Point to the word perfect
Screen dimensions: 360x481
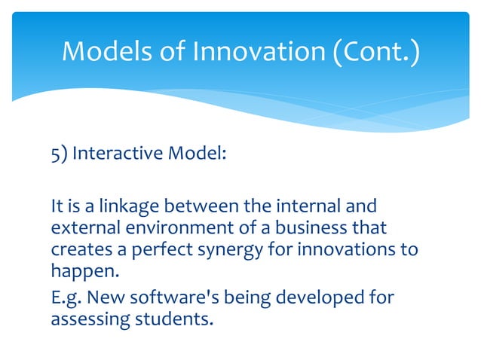tap(144, 250)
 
